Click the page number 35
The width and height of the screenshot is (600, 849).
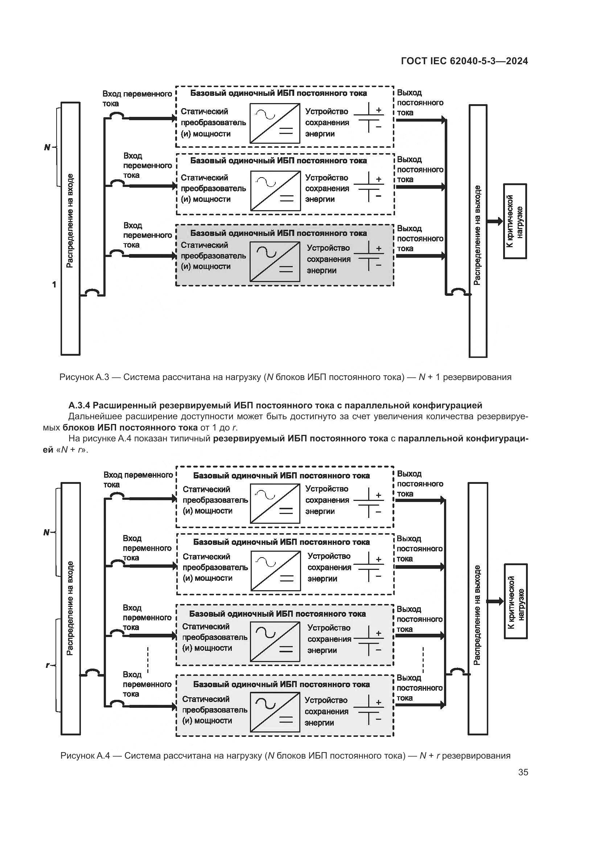(x=523, y=772)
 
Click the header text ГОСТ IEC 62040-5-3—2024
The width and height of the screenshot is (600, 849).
(x=464, y=61)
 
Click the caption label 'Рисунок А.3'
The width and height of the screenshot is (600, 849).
(x=84, y=377)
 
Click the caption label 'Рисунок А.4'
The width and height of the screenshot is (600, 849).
(x=85, y=755)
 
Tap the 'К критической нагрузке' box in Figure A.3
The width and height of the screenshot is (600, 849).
(x=515, y=221)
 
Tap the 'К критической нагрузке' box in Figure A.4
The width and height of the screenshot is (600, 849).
(x=516, y=601)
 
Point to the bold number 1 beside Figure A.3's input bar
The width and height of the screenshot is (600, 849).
(x=54, y=285)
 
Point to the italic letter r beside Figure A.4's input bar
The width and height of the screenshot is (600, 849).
(x=47, y=666)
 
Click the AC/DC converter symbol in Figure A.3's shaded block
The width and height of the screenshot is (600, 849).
(x=275, y=262)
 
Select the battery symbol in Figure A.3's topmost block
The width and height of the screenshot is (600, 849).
(x=369, y=118)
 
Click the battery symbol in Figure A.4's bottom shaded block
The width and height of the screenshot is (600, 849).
(x=369, y=710)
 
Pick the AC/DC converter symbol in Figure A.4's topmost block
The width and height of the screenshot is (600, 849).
(x=275, y=504)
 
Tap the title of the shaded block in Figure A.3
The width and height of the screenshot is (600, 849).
(x=278, y=233)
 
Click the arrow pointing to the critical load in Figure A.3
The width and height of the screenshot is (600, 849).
(x=495, y=221)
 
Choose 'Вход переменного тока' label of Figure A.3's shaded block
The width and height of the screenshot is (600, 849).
(x=147, y=235)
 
